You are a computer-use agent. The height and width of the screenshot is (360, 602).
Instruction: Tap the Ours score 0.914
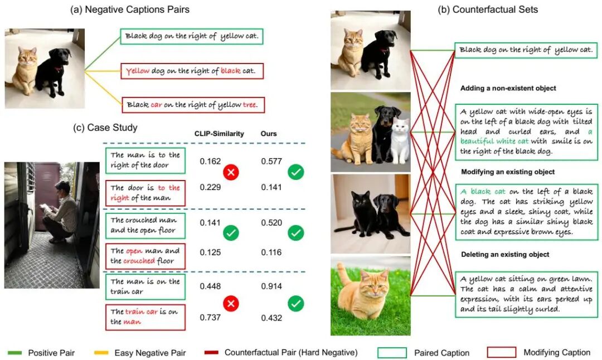[x=271, y=286]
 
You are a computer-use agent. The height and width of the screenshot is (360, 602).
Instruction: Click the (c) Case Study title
[x=105, y=128]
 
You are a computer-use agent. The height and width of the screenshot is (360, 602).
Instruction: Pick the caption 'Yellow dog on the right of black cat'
[x=192, y=71]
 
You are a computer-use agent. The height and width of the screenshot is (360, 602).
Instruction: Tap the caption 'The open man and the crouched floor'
[x=145, y=256]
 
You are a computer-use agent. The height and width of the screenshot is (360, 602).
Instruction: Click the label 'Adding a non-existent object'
[x=508, y=88]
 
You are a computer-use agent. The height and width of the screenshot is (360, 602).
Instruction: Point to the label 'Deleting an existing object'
[x=505, y=255]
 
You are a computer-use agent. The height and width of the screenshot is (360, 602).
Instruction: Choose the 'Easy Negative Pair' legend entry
[x=150, y=352]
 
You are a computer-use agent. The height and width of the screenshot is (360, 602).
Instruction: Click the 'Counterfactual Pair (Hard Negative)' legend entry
[x=290, y=352]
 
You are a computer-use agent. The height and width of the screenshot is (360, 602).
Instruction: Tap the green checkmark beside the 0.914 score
[x=296, y=303]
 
